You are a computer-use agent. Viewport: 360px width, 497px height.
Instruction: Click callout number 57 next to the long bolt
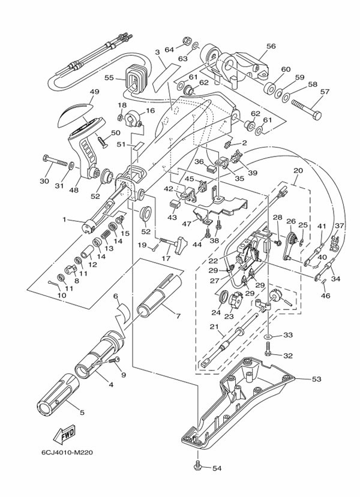tap(325, 92)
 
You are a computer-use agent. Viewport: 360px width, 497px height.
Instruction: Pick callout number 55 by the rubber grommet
tap(109, 78)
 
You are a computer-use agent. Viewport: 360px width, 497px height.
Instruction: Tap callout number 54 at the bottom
tap(217, 468)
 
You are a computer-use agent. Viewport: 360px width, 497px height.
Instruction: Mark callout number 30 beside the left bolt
tap(44, 182)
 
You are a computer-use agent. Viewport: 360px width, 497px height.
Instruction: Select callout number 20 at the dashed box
tap(298, 170)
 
